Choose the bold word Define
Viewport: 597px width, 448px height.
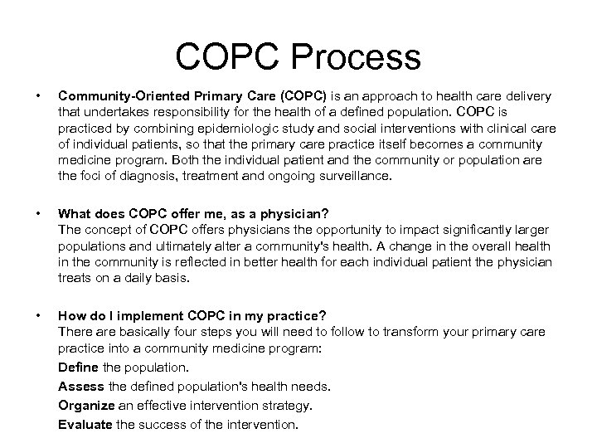78,365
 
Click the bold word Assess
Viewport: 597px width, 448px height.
80,386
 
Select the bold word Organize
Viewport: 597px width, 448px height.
85,405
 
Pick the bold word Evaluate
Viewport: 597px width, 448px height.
85,425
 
